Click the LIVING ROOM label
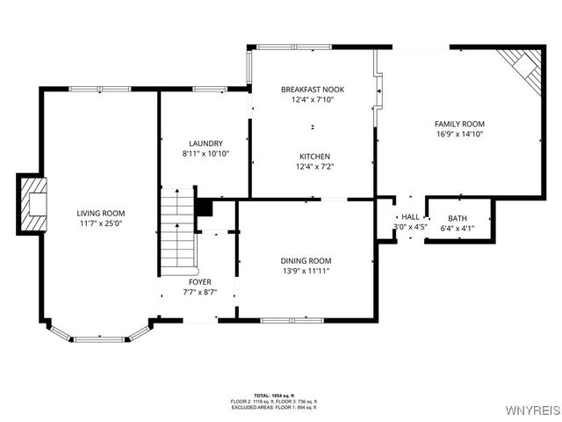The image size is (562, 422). point(100,213)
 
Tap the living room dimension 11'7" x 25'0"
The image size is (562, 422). point(100,224)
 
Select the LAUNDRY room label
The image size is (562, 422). point(205,143)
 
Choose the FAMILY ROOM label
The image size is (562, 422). point(459,124)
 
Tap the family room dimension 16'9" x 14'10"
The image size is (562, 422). point(459,135)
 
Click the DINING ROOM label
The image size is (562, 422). point(306,260)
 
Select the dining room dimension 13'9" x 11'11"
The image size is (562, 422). point(306,271)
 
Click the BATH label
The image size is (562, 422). point(458,218)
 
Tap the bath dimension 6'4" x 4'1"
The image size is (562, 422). point(458,228)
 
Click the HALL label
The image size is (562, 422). point(410,216)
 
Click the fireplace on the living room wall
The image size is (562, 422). point(32,203)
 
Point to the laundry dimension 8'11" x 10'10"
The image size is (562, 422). point(205,154)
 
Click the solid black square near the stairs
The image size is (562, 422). point(204,207)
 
